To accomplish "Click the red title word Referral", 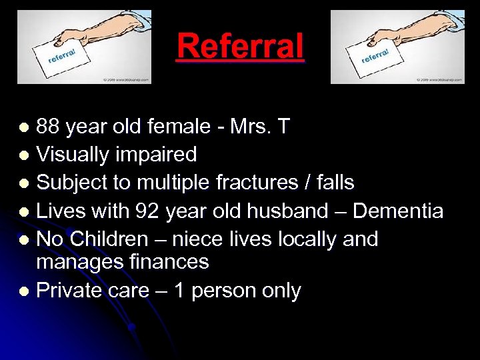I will [240, 47].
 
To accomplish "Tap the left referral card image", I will [84, 47].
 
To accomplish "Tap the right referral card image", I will [397, 47].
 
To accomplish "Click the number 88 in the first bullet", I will [47, 127].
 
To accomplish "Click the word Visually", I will [73, 155].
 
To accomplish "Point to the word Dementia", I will [397, 211].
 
